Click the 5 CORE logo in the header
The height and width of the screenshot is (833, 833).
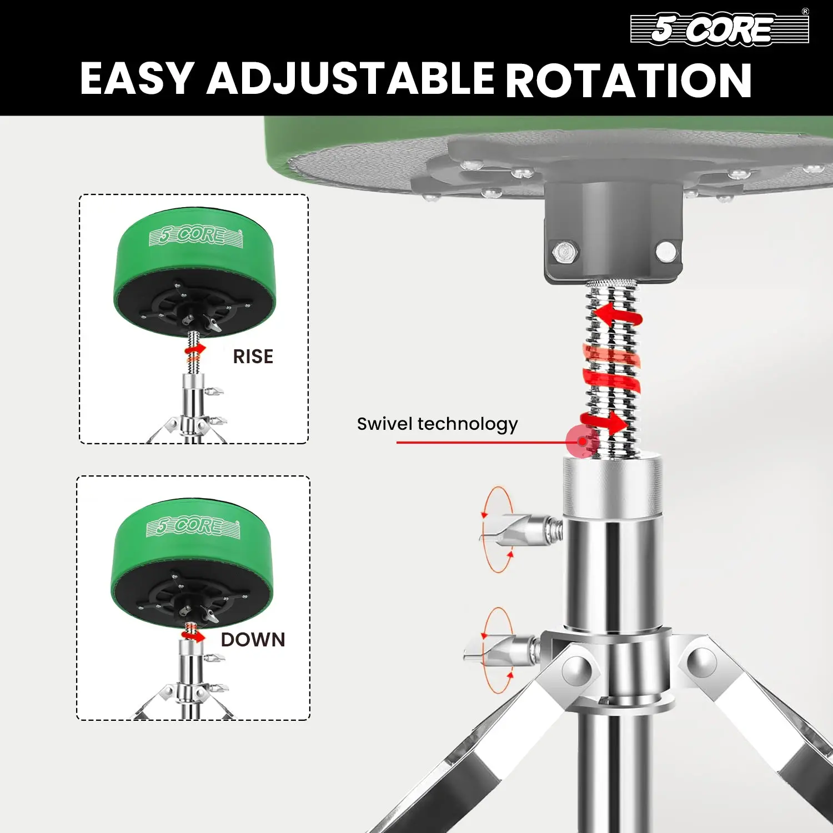click(720, 28)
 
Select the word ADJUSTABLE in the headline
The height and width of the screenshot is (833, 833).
click(350, 78)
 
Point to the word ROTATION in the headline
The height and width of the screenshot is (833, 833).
click(629, 79)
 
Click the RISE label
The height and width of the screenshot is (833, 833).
click(253, 357)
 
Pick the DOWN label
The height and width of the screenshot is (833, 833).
click(253, 640)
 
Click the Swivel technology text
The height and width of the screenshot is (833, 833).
click(437, 424)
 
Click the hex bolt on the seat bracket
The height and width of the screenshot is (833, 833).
click(565, 253)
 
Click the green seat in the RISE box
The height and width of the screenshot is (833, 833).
click(194, 272)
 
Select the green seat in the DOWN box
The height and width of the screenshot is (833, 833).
click(192, 561)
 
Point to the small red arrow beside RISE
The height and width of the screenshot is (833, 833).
click(195, 350)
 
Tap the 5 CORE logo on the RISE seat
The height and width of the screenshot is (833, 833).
click(195, 236)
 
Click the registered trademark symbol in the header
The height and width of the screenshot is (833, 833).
click(805, 12)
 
